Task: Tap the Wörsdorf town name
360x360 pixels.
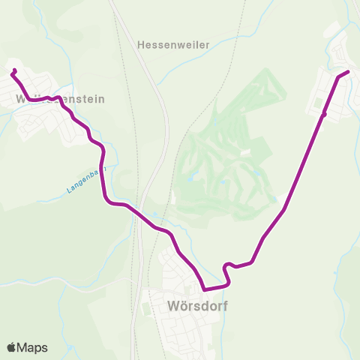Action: click(193, 306)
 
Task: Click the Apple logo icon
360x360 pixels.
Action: click(12, 347)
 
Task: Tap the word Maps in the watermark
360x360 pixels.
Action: click(33, 347)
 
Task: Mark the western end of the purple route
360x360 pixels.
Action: click(14, 71)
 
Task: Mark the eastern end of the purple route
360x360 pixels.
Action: click(348, 72)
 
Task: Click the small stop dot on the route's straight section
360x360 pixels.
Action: click(324, 115)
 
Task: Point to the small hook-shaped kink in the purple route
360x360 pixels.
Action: click(226, 265)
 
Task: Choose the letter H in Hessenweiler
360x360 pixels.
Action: click(142, 45)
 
